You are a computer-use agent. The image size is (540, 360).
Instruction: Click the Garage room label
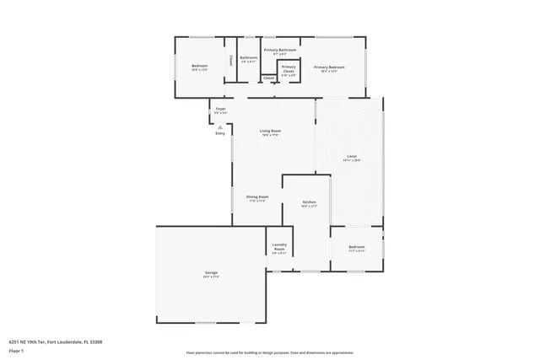click(x=211, y=273)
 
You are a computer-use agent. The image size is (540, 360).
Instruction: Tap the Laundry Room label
click(x=279, y=247)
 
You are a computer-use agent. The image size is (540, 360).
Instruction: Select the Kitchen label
click(x=309, y=203)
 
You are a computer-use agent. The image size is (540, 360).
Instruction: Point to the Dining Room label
click(x=257, y=197)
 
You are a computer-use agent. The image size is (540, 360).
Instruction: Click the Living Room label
click(x=270, y=132)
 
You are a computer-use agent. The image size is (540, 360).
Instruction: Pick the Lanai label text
click(x=352, y=157)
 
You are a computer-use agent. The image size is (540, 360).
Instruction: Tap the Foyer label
click(x=220, y=109)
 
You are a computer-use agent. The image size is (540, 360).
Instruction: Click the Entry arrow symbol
click(x=220, y=126)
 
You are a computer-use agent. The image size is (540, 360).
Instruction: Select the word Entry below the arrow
click(x=220, y=133)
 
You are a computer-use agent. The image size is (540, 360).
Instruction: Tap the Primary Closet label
click(x=289, y=69)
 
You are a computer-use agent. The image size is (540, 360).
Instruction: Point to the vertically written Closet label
click(x=231, y=61)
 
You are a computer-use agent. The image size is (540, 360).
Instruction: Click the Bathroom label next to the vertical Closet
click(x=248, y=58)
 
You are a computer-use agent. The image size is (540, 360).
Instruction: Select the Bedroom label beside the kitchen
click(x=356, y=247)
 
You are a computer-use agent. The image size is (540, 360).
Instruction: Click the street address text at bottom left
click(x=56, y=342)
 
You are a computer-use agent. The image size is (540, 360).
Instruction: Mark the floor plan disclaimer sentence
click(x=269, y=352)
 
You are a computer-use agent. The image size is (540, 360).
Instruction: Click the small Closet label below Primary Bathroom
click(x=268, y=78)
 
